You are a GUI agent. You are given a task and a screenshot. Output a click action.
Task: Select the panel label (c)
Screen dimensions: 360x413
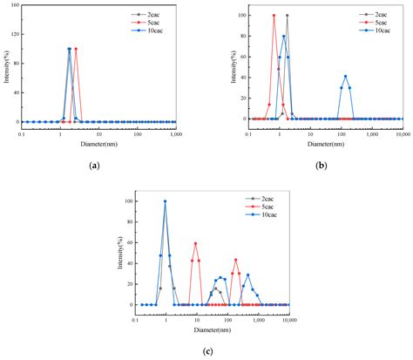coord(207,350)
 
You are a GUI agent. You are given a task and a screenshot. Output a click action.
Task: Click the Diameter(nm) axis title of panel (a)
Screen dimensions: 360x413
coord(98,143)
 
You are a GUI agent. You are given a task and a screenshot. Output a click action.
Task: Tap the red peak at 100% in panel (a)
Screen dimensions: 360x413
coord(76,49)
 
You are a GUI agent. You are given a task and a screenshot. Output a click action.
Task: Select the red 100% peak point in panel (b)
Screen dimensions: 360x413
coord(274,15)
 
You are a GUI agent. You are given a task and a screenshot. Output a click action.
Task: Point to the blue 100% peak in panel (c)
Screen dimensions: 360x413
coord(165,201)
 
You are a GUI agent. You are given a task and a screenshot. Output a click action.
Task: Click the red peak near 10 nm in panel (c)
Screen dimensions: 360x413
coord(195,243)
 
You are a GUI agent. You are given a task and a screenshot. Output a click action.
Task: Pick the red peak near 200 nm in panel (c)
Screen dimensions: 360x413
coord(235,259)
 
